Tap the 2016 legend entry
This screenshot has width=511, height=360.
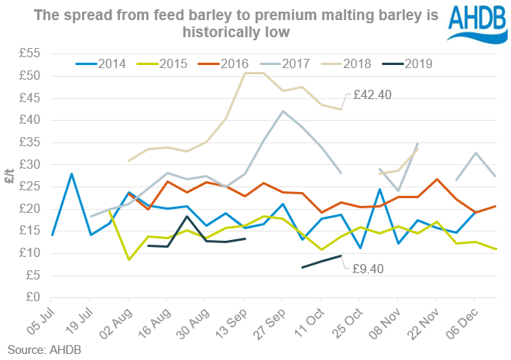tap(228, 64)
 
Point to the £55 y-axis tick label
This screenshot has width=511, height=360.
tap(29, 53)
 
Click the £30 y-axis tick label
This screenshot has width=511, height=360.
tap(29, 164)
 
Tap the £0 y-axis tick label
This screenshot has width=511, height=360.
tap(33, 297)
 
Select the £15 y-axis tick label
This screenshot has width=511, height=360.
tap(29, 231)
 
